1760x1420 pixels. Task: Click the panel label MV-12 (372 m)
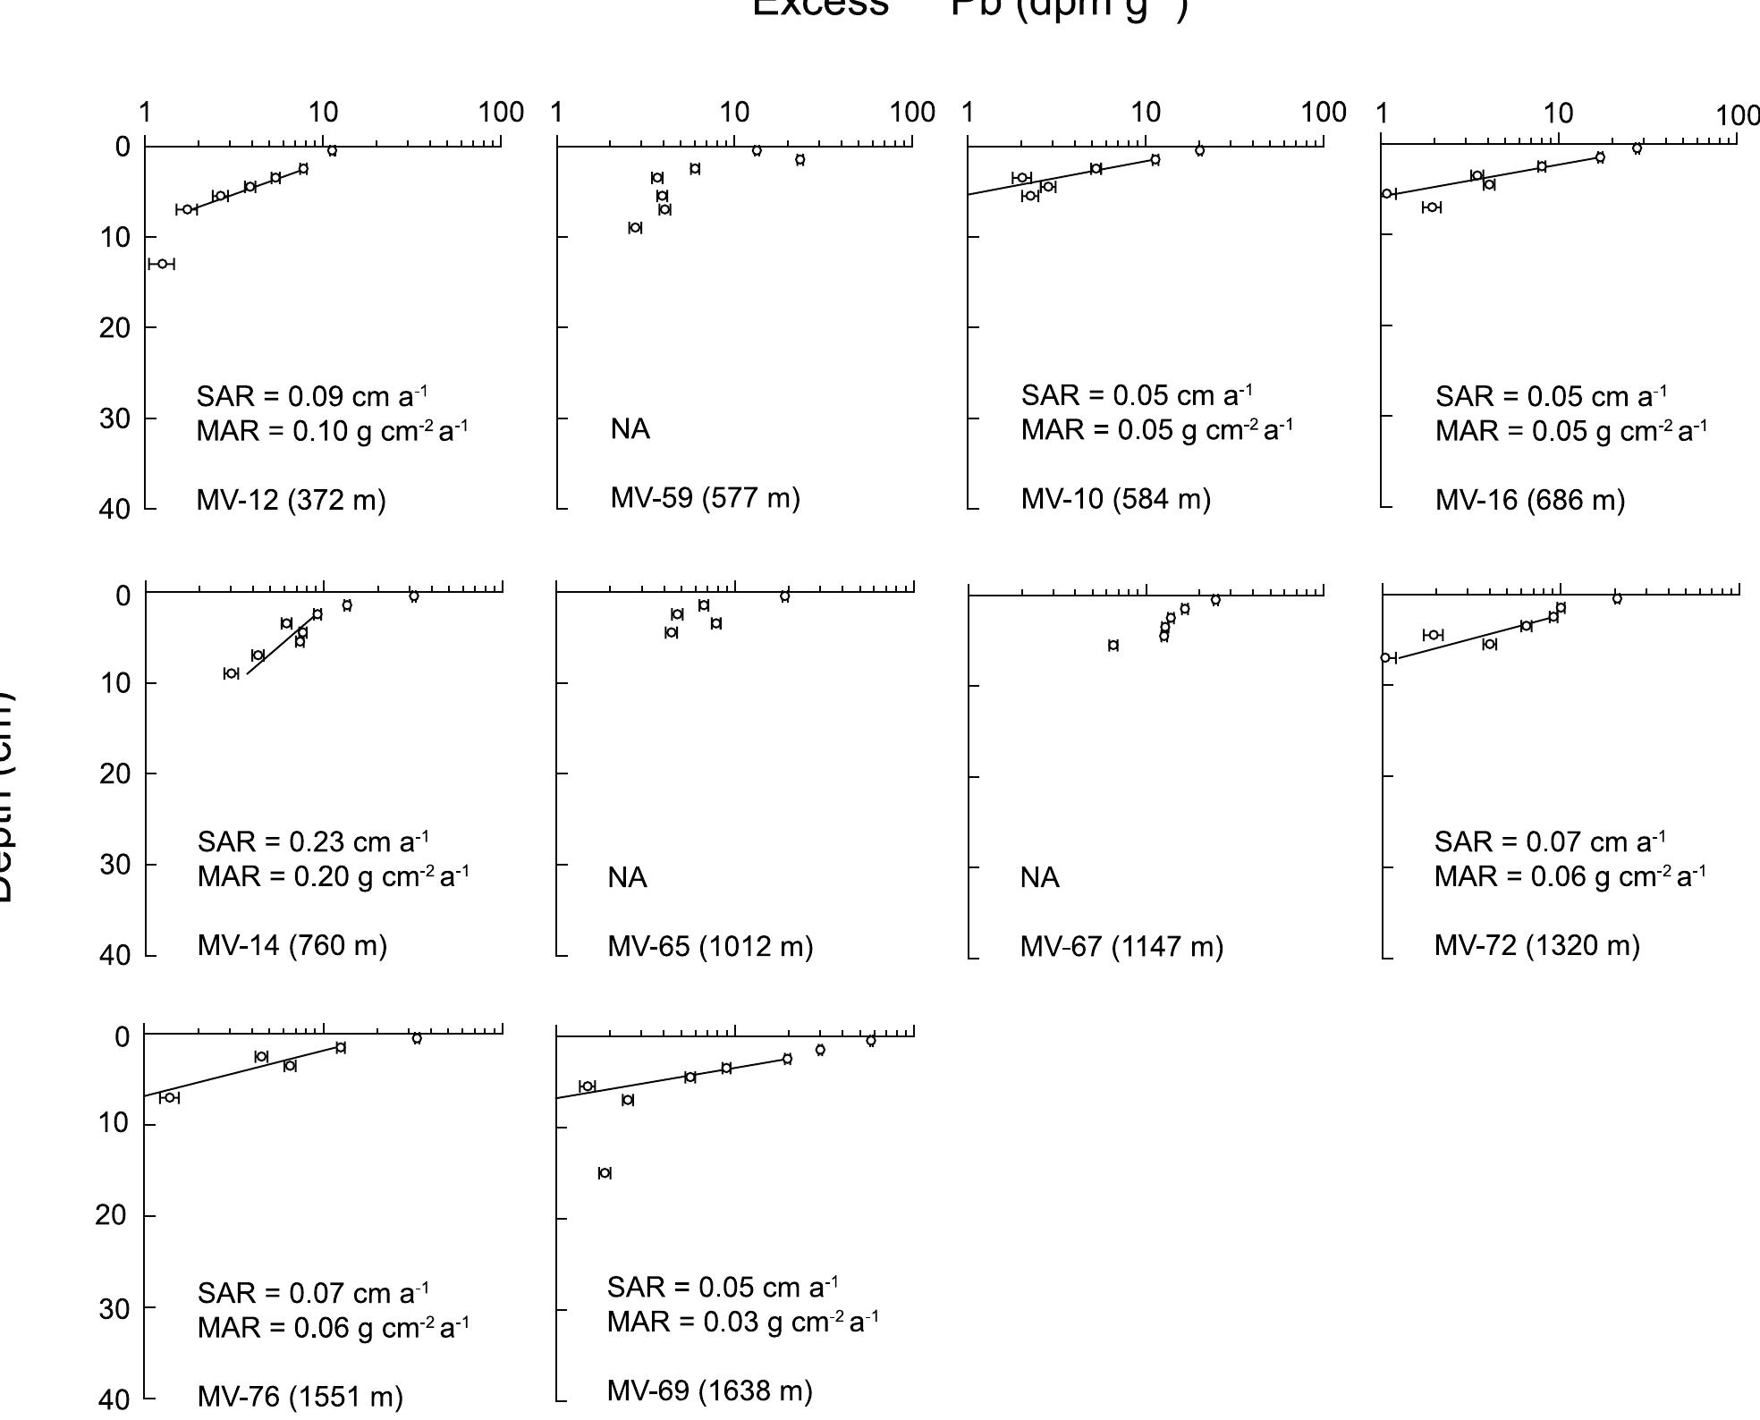291,500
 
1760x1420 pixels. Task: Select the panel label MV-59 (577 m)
705,498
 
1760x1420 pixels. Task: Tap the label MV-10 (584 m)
1115,499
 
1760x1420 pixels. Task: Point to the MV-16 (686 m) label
1529,500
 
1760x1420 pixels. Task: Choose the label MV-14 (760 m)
292,945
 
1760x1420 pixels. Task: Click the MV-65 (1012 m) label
710,946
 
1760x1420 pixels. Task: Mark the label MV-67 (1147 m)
1121,946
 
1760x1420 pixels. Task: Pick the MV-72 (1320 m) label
1536,945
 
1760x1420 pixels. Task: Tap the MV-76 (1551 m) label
300,1397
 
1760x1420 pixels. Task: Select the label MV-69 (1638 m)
709,1390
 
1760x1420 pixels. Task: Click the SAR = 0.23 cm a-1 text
313,842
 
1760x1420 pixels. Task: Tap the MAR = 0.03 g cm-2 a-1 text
742,1322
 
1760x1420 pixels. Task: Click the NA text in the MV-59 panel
630,430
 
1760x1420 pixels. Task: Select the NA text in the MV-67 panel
1039,878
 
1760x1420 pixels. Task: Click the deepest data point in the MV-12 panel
162,264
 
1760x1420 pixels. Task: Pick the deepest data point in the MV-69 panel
605,1173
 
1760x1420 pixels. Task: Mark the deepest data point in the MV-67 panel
1113,646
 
